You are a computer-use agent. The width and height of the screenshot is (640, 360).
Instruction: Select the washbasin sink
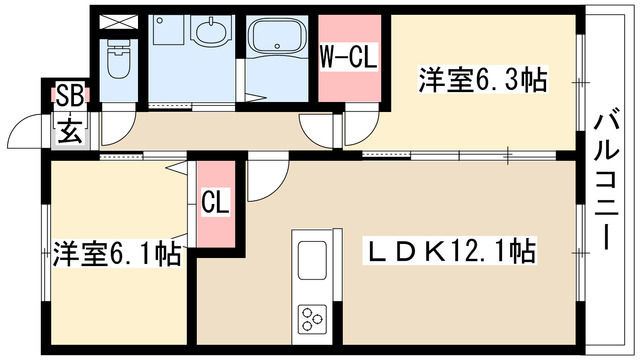[210, 31]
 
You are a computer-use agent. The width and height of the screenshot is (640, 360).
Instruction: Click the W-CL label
[348, 57]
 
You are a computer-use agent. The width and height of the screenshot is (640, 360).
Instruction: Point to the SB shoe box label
[69, 96]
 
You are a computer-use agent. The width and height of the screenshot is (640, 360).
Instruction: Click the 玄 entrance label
[70, 130]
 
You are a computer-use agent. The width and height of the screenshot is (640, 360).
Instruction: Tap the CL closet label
[216, 201]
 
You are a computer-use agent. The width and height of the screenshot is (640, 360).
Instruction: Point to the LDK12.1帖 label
[451, 251]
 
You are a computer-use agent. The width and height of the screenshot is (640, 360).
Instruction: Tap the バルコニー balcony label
[607, 181]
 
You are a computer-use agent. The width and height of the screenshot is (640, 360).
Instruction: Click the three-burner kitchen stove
[312, 318]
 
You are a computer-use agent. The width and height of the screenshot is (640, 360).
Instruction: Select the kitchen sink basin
[312, 260]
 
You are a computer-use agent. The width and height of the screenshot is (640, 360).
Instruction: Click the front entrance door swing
[24, 130]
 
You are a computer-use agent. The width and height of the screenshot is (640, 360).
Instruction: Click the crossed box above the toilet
[119, 22]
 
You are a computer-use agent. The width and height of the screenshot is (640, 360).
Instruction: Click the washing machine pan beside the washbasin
[168, 30]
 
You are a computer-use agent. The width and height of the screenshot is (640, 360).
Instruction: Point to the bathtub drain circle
[278, 45]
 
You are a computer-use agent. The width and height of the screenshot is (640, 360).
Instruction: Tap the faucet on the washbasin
[211, 20]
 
